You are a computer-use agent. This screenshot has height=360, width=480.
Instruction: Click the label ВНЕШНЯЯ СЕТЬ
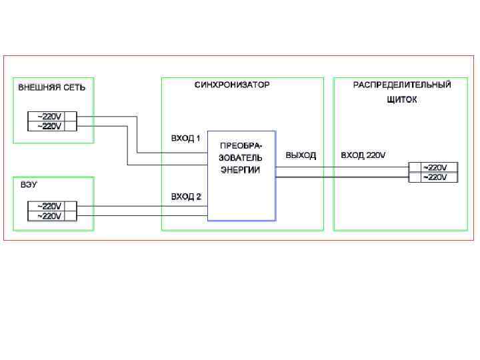click(51, 87)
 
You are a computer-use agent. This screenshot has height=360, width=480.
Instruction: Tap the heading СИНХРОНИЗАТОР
click(232, 85)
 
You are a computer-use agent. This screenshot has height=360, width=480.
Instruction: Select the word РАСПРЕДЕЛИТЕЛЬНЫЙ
click(402, 85)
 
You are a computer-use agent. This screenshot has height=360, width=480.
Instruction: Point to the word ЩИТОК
click(401, 100)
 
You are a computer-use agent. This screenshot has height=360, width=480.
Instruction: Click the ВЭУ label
click(29, 185)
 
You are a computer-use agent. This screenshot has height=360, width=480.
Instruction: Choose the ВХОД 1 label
click(186, 139)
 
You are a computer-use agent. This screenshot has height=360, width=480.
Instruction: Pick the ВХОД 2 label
click(186, 197)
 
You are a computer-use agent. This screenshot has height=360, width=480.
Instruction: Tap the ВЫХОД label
click(301, 155)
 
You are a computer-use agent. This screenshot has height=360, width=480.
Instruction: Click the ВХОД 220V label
click(363, 155)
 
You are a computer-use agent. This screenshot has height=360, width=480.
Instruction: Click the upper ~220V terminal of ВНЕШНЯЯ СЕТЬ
click(51, 116)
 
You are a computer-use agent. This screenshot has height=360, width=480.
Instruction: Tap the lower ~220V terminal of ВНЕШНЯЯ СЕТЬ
click(51, 126)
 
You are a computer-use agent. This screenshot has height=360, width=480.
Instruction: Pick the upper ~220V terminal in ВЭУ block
click(51, 206)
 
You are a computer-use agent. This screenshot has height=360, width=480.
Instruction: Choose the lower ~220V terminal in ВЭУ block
click(51, 216)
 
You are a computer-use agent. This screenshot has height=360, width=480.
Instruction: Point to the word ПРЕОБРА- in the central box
click(241, 146)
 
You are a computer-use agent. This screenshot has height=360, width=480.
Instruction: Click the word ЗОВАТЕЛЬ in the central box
click(241, 158)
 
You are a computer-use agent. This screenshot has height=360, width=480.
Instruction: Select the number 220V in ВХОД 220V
click(376, 155)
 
